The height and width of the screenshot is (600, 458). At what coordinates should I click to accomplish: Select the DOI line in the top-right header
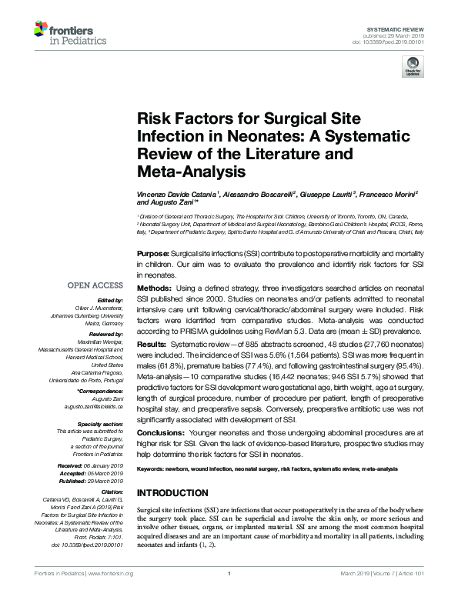click(x=393, y=42)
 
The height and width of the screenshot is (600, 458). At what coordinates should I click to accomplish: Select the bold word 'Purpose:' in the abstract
click(x=152, y=253)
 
